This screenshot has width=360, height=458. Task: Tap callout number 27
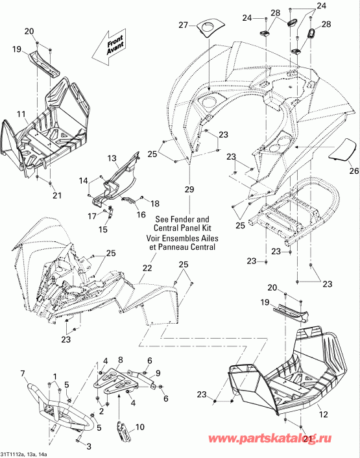182,25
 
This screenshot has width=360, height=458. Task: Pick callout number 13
112,158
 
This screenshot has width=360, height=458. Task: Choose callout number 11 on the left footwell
21,114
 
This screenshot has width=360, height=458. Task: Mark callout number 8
119,360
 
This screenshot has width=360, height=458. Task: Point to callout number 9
157,373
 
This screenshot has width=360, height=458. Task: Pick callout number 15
103,230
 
